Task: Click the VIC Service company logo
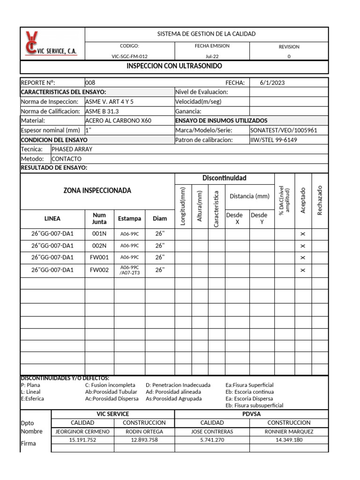coord(52,44)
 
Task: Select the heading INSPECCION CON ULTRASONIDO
coord(174,66)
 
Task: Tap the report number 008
coord(90,83)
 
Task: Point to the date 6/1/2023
coord(272,83)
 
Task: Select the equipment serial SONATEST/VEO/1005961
coord(284,130)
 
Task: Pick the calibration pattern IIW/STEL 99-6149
coord(274,140)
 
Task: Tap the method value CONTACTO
coord(67,158)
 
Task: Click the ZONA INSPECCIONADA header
coord(97,191)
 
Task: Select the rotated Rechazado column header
coord(320,200)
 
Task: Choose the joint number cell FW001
coord(99,257)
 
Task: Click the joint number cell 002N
coord(99,245)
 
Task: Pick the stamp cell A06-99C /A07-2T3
coord(129,270)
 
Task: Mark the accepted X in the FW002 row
coord(302,270)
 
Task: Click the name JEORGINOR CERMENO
coord(82,431)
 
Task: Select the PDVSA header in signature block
coord(252,414)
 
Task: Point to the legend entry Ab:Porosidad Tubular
coord(111,392)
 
